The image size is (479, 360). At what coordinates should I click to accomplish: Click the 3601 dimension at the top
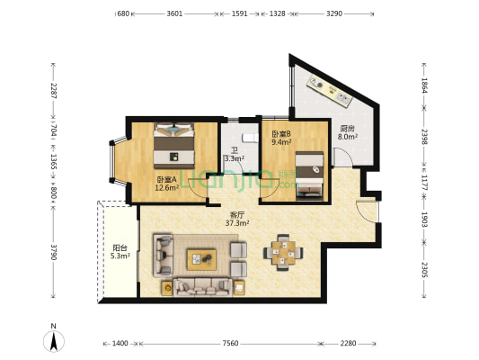pyautogui.click(x=174, y=13)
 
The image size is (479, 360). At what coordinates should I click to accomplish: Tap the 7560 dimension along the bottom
pyautogui.click(x=230, y=344)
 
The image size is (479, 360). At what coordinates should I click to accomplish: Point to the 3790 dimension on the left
pyautogui.click(x=53, y=252)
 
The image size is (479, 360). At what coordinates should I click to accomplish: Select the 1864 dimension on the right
pyautogui.click(x=424, y=85)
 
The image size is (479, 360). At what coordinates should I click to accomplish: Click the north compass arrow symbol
pyautogui.click(x=54, y=341)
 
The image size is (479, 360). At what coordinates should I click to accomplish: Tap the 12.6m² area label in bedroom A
pyautogui.click(x=167, y=188)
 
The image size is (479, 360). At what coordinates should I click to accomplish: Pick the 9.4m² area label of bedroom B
pyautogui.click(x=281, y=142)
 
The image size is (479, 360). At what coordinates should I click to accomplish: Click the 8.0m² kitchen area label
pyautogui.click(x=348, y=137)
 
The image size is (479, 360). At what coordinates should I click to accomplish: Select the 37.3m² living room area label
pyautogui.click(x=237, y=223)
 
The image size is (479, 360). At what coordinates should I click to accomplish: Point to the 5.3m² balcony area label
pyautogui.click(x=120, y=256)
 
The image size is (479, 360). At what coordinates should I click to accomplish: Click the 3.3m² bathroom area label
pyautogui.click(x=235, y=158)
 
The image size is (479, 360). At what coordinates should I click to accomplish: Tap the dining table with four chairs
pyautogui.click(x=283, y=253)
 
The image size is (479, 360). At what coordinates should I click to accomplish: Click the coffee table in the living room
pyautogui.click(x=201, y=260)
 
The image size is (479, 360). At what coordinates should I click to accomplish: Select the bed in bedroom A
pyautogui.click(x=174, y=146)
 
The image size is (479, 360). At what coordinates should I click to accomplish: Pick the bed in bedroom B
pyautogui.click(x=309, y=176)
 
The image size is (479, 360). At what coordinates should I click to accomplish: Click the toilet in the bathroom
pyautogui.click(x=249, y=139)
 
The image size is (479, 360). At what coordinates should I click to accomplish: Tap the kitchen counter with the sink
pyautogui.click(x=330, y=91)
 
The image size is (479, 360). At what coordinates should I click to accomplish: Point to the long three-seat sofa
pyautogui.click(x=202, y=287)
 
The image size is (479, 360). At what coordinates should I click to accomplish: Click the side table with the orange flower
pyautogui.click(x=167, y=288)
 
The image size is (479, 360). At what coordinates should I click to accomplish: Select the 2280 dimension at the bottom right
pyautogui.click(x=349, y=344)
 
